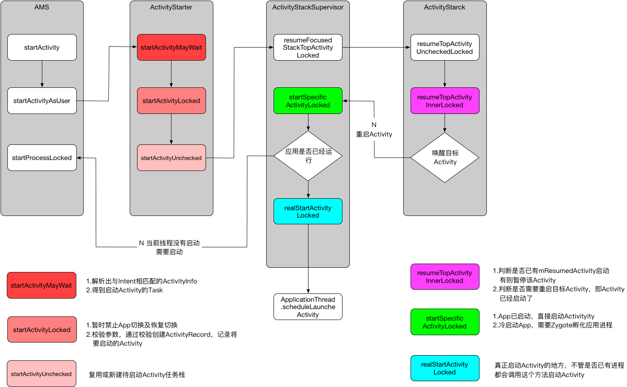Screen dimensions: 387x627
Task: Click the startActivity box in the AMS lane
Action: point(42,47)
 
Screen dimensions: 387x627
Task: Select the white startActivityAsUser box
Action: point(42,101)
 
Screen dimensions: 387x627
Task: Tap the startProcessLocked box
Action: point(42,157)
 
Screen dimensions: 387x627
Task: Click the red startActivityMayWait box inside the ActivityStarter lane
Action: point(172,47)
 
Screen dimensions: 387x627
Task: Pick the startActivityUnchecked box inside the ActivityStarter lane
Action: point(172,157)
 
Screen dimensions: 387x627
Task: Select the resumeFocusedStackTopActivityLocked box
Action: point(308,47)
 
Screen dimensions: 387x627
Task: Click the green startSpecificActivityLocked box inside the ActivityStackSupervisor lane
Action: point(308,100)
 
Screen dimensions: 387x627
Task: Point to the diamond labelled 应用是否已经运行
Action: point(308,155)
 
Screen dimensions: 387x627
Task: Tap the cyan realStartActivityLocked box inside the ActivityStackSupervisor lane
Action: point(308,211)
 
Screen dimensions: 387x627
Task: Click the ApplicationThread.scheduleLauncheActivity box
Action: point(308,307)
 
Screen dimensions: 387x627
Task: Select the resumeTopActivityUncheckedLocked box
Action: point(444,47)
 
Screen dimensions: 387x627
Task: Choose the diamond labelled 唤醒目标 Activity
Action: point(444,157)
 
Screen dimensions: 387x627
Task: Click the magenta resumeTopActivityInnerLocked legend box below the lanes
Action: point(444,277)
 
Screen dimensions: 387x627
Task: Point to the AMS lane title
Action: point(42,6)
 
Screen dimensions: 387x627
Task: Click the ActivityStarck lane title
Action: point(444,6)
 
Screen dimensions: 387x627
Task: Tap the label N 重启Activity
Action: point(374,130)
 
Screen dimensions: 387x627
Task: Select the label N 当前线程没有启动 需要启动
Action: point(169,247)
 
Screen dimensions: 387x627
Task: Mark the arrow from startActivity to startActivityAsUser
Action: point(42,74)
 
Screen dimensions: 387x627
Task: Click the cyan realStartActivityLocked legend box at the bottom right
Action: point(444,368)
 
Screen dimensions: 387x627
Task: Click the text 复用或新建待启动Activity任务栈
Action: point(136,374)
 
